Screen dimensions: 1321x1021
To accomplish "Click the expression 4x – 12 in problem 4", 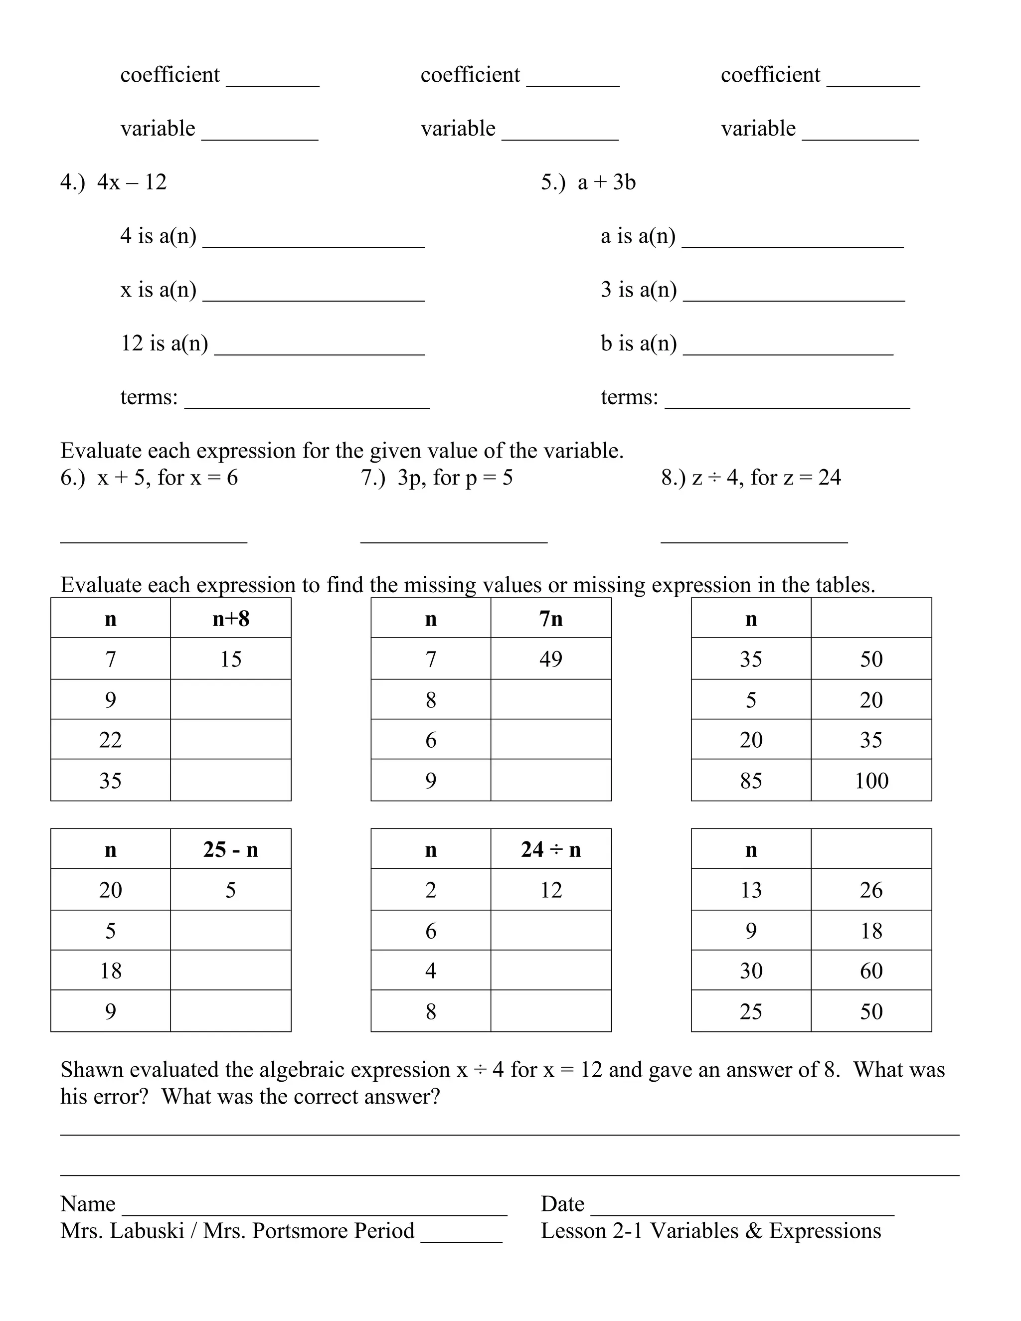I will [x=131, y=182].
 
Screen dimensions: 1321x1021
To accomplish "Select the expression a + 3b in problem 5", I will [x=606, y=182].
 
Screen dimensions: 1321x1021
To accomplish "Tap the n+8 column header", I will [x=230, y=619].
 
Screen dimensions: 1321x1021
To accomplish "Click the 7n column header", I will [x=550, y=619].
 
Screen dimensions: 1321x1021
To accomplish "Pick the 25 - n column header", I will [x=230, y=850].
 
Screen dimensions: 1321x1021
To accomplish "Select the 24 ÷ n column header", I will [x=550, y=850].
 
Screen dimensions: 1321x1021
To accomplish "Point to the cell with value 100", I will [x=871, y=781].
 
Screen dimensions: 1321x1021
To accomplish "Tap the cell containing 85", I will [x=751, y=781].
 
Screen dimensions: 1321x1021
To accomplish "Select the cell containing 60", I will [x=871, y=971].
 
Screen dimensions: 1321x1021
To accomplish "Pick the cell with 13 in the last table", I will [x=751, y=890].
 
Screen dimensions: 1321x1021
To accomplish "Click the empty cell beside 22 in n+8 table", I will [x=230, y=740].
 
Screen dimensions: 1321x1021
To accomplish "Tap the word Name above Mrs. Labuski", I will [x=88, y=1204].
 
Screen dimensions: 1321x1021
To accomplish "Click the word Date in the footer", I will [x=562, y=1204].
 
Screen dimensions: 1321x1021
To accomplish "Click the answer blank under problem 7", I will [x=454, y=535].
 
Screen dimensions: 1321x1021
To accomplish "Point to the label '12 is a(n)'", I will [x=164, y=343].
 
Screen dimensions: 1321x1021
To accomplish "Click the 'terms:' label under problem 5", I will [x=629, y=397].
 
